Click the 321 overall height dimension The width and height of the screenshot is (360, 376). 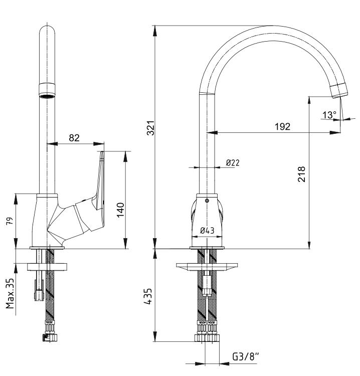pos(151,127)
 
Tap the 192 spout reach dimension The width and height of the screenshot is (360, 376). pos(282,126)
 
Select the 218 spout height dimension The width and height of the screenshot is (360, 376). pos(301,174)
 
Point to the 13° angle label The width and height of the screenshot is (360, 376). pos(329,115)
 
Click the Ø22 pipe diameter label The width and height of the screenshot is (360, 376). pos(233,163)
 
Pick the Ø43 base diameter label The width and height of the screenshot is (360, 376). pos(207,231)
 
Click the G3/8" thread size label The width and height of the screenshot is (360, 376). pos(246,356)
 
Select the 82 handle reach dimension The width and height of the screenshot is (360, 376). pos(74,138)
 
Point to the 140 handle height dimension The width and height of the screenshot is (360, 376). pos(120,210)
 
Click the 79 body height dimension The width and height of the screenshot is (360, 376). pos(10,221)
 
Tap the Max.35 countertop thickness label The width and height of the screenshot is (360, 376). pos(10,293)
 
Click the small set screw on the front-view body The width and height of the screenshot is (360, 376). pos(208,201)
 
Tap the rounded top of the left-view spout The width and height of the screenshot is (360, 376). pos(47,31)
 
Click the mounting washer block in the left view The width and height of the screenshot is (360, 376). pos(48,267)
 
